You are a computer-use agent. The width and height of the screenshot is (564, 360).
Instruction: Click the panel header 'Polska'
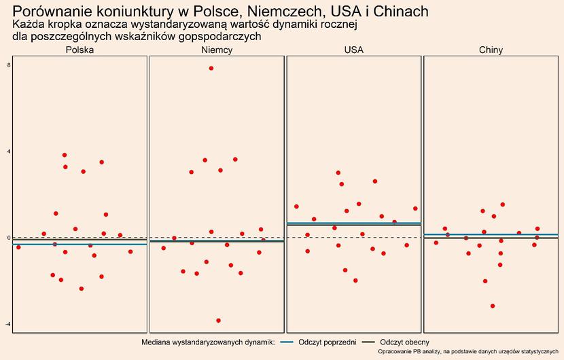(x=80, y=50)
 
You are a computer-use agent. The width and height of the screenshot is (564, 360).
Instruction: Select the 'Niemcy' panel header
(x=217, y=50)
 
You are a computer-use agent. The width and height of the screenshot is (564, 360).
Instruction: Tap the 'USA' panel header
(x=353, y=50)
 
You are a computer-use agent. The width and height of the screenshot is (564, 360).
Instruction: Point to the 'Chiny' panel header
(x=491, y=50)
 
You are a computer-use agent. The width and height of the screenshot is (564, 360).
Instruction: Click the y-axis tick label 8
(x=8, y=65)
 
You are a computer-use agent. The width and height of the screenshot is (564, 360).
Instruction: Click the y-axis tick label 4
(x=8, y=151)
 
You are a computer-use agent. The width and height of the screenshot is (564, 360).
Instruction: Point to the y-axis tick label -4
(x=7, y=325)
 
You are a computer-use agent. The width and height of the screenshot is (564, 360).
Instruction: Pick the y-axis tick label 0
(x=8, y=238)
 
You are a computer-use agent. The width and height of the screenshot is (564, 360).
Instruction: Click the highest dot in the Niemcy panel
(x=211, y=69)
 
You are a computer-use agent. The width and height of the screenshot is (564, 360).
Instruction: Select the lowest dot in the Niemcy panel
(x=218, y=321)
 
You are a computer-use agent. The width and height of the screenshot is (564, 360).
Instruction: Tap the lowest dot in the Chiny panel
(x=493, y=306)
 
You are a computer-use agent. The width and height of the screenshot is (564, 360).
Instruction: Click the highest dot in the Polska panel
(x=65, y=155)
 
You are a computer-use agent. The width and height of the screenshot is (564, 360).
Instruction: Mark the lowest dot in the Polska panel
(x=82, y=289)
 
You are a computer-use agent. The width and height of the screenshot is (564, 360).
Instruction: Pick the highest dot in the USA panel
(x=338, y=173)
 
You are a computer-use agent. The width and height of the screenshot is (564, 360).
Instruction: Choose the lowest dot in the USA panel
(x=355, y=281)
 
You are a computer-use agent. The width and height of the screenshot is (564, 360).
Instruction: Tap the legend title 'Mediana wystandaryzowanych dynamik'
(x=207, y=342)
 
